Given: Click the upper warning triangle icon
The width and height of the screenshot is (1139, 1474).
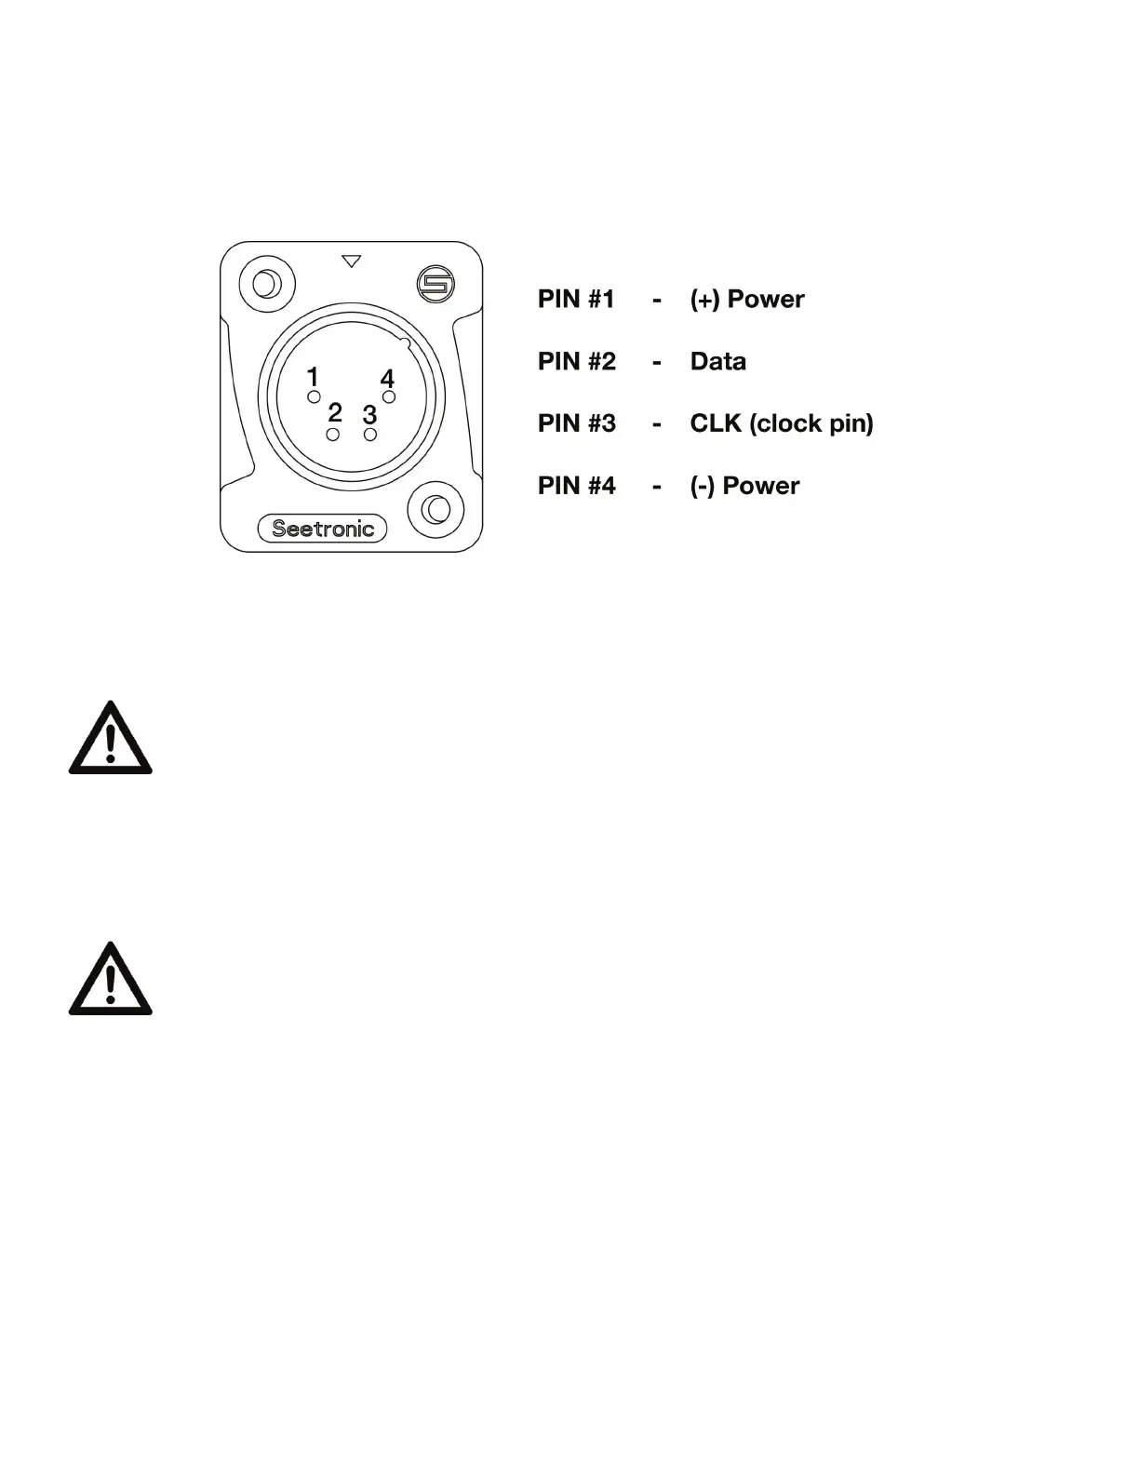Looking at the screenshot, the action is coord(110,740).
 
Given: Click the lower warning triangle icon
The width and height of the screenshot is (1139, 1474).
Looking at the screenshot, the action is coord(110,981).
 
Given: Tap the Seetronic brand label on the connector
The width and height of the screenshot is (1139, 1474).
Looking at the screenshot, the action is coord(322,529).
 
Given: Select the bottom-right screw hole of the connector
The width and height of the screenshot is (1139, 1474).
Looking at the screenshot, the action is coord(435,509).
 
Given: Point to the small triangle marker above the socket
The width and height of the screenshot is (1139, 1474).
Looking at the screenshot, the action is coord(351,261).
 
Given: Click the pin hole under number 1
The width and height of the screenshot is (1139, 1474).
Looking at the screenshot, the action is coord(315,397).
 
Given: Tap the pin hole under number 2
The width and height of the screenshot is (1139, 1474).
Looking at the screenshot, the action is coord(333,435).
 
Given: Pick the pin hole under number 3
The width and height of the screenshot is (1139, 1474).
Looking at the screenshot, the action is coord(370,435).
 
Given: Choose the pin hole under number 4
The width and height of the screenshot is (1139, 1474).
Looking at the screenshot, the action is coord(389,397).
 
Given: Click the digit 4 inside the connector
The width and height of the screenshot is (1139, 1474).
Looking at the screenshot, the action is coord(387,379).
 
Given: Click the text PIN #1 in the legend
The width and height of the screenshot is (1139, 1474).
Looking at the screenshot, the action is coord(576,299).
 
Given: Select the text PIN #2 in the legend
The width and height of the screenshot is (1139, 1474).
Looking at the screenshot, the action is coord(576,361).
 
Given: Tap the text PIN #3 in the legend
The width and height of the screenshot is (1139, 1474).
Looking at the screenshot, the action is coord(576,423).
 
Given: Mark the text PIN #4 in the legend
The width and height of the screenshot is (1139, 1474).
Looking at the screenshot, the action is coord(576,486).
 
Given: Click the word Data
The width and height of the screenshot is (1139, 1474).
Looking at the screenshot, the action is coord(717,361).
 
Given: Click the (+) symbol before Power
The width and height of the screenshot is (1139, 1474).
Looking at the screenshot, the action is coord(704,300).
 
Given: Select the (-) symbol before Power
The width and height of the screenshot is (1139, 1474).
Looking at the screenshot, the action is coord(703,486).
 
